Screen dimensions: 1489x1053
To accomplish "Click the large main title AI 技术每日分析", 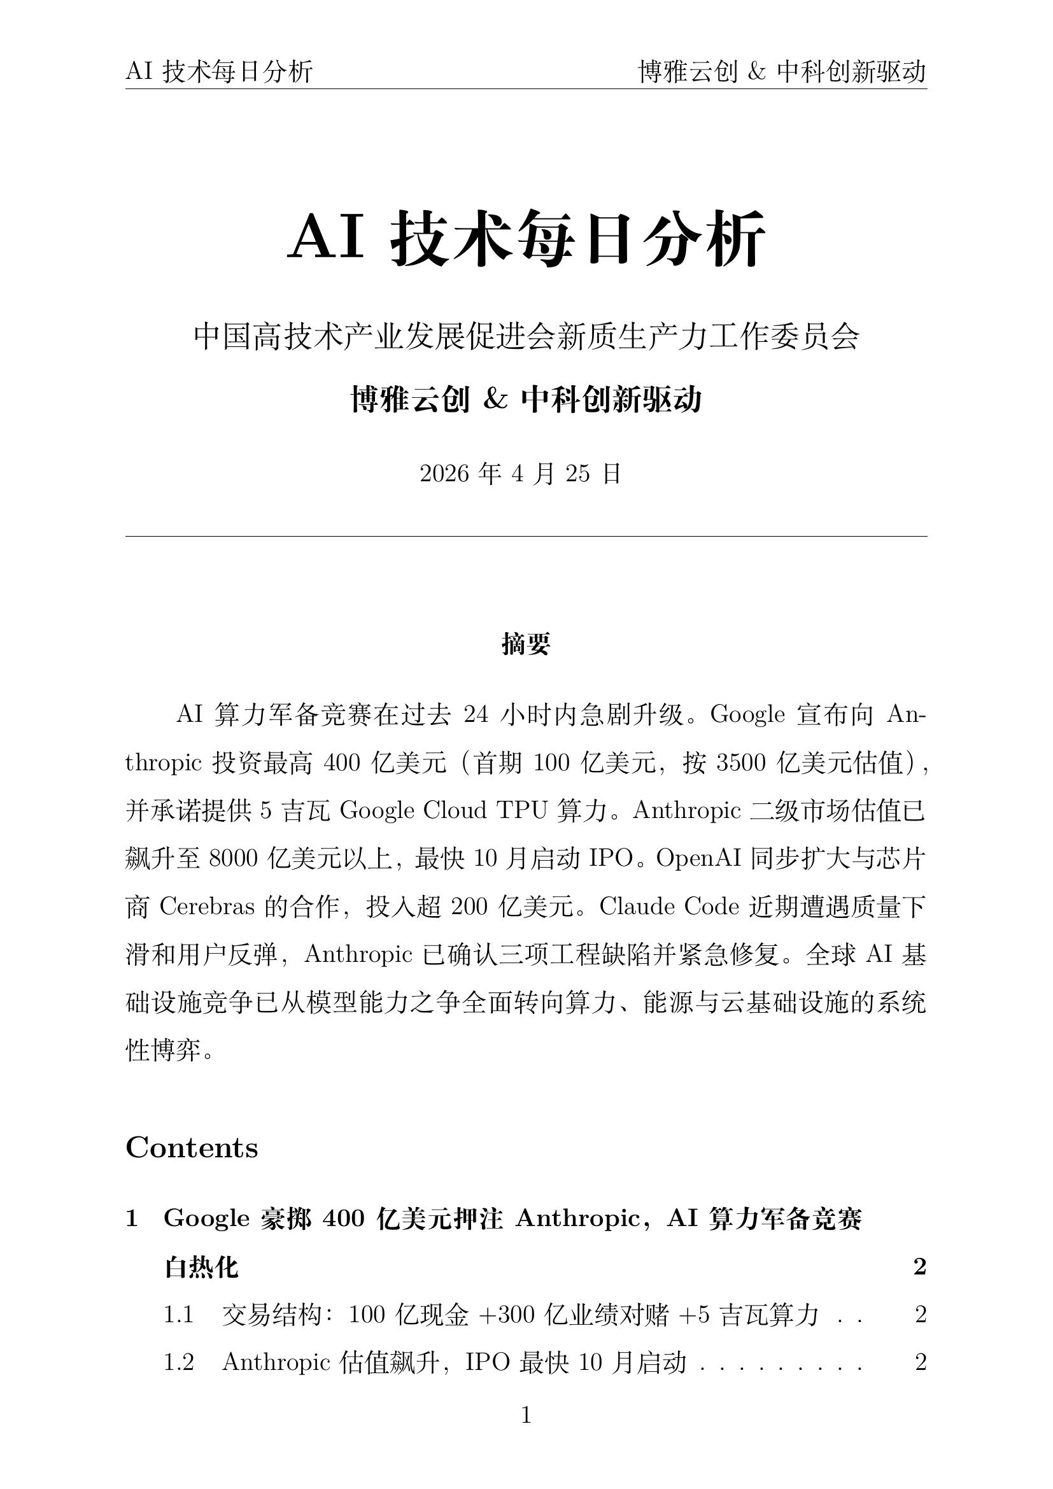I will pos(526,238).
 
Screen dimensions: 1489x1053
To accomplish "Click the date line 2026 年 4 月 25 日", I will pos(521,474).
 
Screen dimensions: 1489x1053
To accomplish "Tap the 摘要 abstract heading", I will pos(526,644).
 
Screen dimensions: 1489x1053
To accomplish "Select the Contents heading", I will pos(192,1148).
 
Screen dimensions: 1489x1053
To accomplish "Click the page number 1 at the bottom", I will pos(526,1415).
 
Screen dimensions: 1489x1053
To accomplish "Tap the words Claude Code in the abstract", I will pos(669,907).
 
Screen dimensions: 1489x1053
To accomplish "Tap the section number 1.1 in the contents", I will pos(178,1315).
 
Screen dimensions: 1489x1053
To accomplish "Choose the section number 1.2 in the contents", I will pos(178,1362).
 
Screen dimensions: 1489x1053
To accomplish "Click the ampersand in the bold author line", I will pos(495,400).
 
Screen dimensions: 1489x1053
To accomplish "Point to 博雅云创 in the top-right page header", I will pos(688,72).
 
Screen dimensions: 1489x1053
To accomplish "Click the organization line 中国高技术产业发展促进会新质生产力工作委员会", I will pos(526,337).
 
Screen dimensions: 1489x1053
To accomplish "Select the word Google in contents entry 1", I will pos(207,1218).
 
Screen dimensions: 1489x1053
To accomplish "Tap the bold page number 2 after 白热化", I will pos(919,1267).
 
